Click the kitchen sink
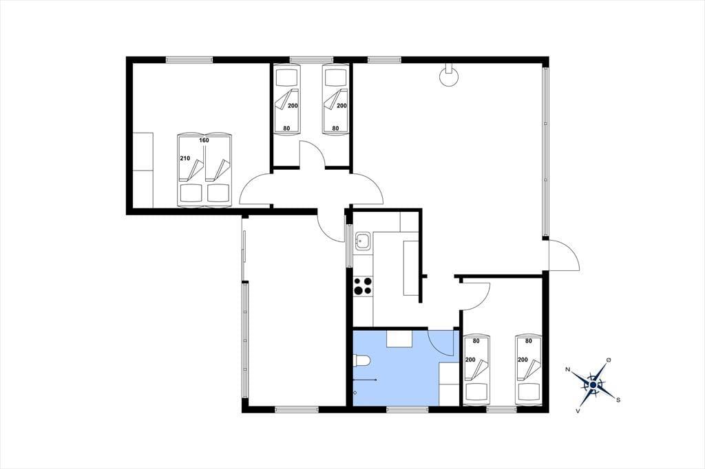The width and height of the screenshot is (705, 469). [361, 241]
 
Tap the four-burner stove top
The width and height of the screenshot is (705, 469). [363, 285]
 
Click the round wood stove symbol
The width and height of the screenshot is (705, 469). [448, 76]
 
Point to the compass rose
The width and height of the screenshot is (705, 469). [593, 384]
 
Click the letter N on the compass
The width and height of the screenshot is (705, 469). [568, 369]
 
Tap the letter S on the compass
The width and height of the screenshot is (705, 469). [619, 400]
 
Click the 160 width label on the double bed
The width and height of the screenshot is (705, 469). [204, 140]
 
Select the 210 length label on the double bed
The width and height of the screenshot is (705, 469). [185, 158]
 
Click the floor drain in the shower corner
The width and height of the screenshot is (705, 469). [355, 393]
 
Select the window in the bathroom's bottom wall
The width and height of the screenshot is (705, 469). [407, 409]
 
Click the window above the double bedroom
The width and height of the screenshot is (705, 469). [189, 59]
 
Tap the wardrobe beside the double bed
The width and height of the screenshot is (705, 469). [143, 170]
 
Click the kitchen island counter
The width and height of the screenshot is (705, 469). [411, 268]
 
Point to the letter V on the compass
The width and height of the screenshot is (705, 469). [578, 411]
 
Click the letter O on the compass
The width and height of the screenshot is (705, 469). [609, 360]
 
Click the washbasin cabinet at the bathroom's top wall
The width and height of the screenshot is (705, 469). [400, 339]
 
